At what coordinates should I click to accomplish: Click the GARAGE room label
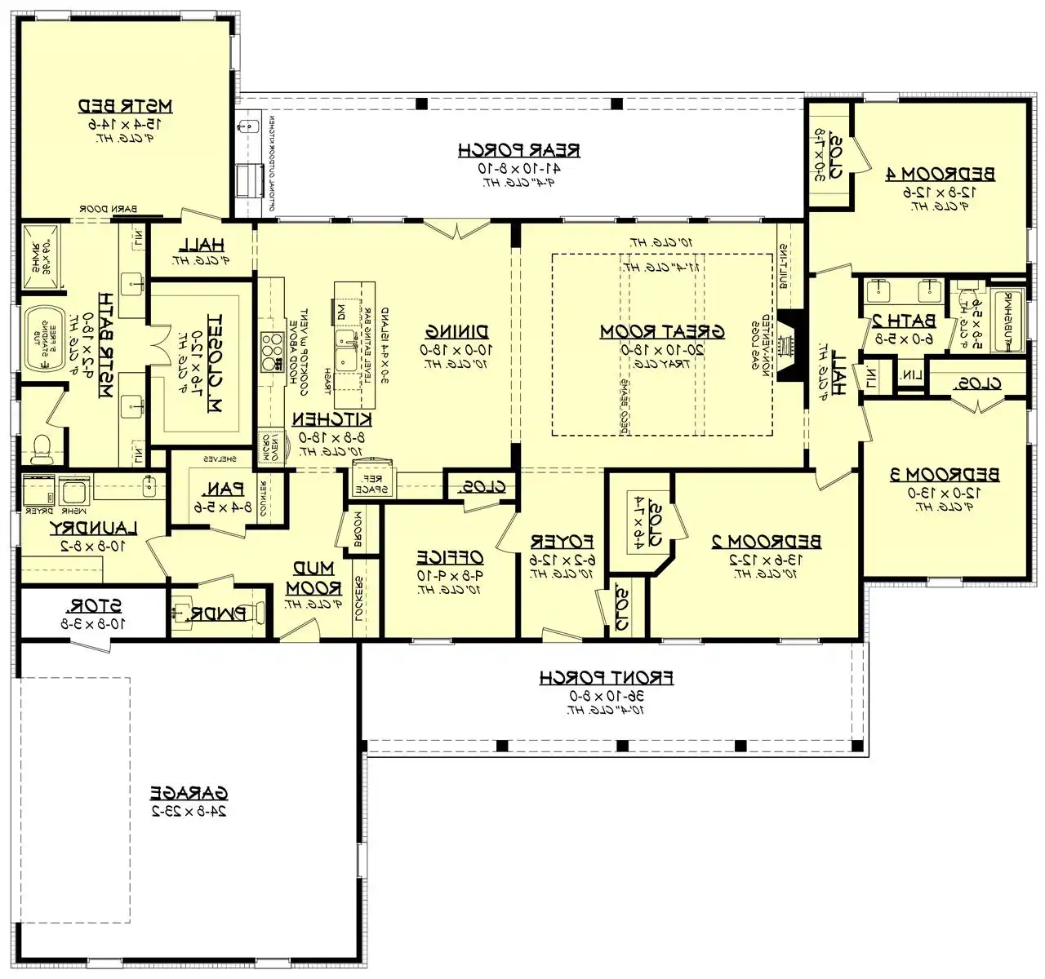(189, 792)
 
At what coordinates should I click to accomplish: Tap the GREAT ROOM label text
(662, 331)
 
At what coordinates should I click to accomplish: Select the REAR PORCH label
(518, 149)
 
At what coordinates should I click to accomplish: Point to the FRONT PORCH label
(606, 677)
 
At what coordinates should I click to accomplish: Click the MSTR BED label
(125, 105)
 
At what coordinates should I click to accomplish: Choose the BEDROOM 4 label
(940, 173)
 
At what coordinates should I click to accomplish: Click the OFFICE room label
(450, 557)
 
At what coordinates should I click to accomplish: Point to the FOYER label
(562, 541)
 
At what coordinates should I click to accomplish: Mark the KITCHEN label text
(332, 419)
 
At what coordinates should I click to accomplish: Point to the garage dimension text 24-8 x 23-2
(189, 812)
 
